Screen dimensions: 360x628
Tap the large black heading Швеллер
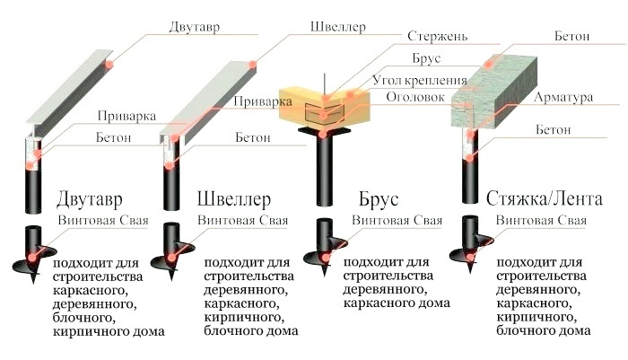tap(234, 198)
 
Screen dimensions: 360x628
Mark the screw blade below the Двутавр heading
tap(32, 259)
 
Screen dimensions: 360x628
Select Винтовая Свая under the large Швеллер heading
tap(245, 220)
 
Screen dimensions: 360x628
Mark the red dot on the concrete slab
tap(492, 63)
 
